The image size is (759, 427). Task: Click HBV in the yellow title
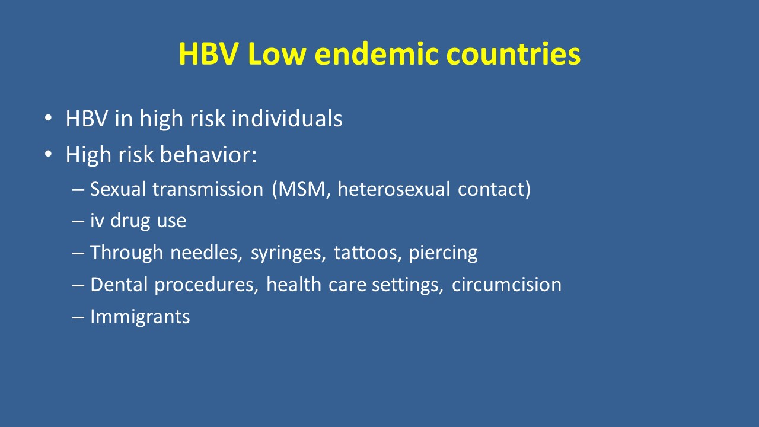(209, 54)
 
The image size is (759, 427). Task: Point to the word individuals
(287, 118)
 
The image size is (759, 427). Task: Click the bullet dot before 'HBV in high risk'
(48, 118)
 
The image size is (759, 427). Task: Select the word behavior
(208, 155)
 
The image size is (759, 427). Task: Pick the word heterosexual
(394, 189)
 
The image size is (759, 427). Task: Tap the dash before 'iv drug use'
(78, 221)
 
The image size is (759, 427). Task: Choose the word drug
(130, 221)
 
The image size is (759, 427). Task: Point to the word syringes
(288, 253)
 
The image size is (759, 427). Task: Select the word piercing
(443, 253)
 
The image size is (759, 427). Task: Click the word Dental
(119, 284)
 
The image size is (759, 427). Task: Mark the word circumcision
(506, 284)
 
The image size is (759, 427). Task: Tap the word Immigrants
(140, 317)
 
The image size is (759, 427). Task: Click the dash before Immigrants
(78, 317)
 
